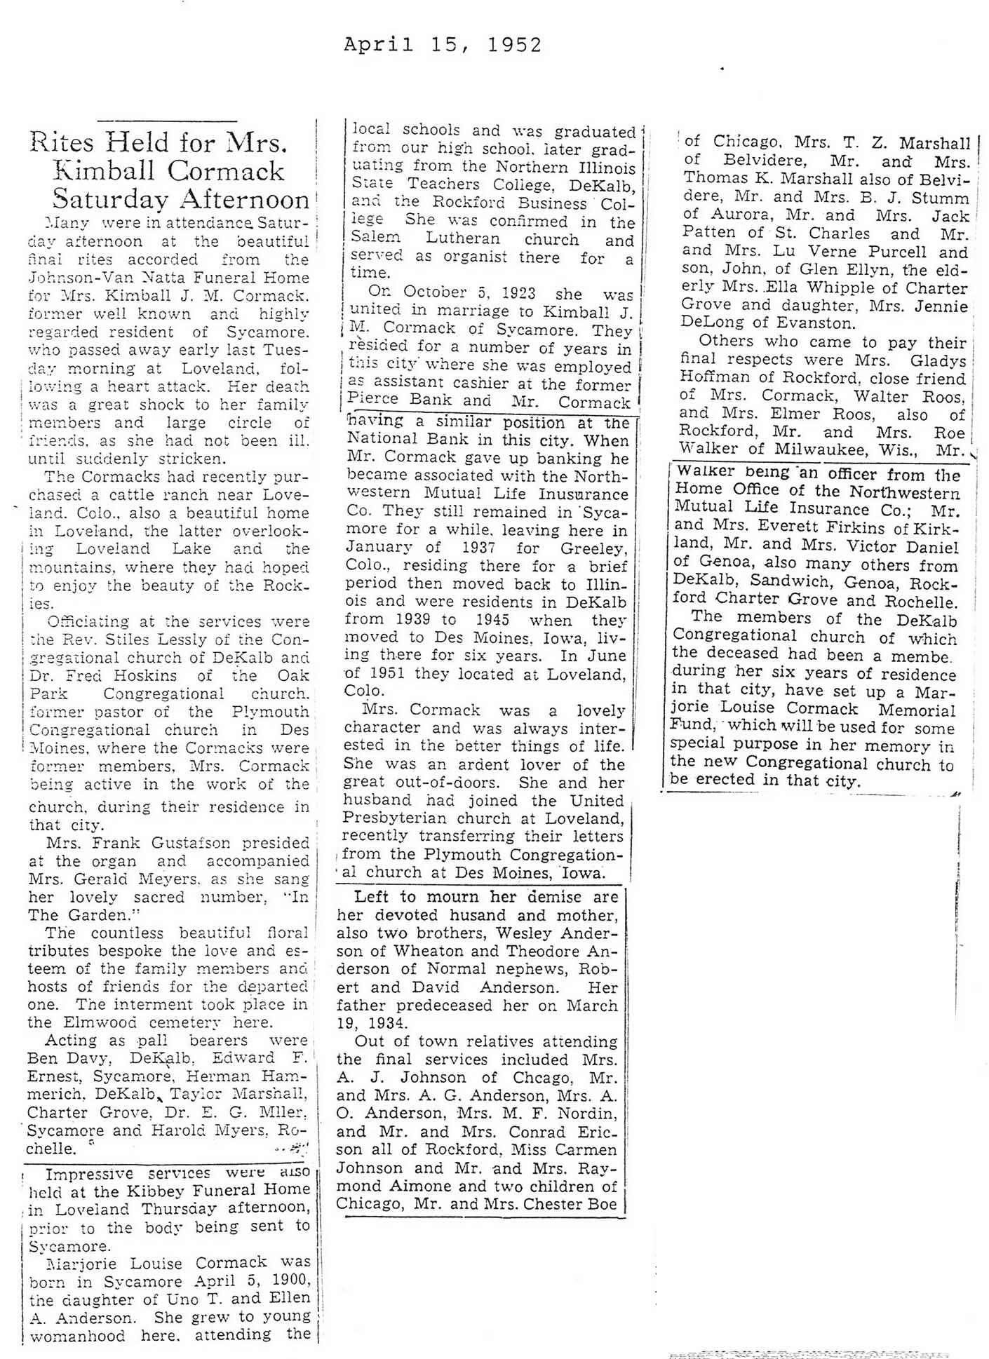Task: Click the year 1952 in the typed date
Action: pos(514,46)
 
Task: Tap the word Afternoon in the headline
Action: pos(243,201)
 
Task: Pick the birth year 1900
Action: pos(289,1281)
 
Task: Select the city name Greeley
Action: pos(593,548)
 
